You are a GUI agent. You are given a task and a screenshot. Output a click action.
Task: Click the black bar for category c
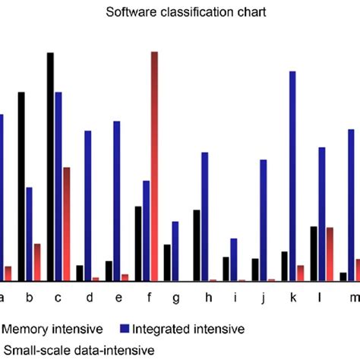click(x=50, y=166)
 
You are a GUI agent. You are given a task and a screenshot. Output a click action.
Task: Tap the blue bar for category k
click(x=292, y=175)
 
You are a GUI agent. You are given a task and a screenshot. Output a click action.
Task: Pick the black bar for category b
click(x=21, y=186)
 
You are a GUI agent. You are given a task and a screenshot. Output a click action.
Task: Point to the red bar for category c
click(x=66, y=223)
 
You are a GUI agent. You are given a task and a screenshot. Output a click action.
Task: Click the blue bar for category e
click(x=117, y=201)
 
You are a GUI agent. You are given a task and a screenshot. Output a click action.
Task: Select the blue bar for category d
click(x=88, y=205)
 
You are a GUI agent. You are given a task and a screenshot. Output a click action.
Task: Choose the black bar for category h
click(x=197, y=245)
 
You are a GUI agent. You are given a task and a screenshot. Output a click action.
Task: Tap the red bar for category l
click(x=330, y=254)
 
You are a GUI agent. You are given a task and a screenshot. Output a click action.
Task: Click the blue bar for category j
click(x=263, y=219)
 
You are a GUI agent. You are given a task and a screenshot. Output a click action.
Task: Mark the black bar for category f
click(x=138, y=243)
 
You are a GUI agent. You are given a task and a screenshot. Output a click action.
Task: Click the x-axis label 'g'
click(x=176, y=297)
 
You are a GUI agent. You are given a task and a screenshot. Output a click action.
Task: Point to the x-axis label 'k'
click(x=292, y=297)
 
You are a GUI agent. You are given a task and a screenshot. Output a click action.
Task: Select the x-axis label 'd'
click(x=89, y=297)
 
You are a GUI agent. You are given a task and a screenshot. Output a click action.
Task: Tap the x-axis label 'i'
click(x=235, y=297)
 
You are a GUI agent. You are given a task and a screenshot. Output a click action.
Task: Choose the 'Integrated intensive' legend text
click(x=188, y=329)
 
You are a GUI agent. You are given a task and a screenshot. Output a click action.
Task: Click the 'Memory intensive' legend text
click(x=53, y=329)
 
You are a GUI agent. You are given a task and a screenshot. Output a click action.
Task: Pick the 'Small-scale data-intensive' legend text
click(x=78, y=349)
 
